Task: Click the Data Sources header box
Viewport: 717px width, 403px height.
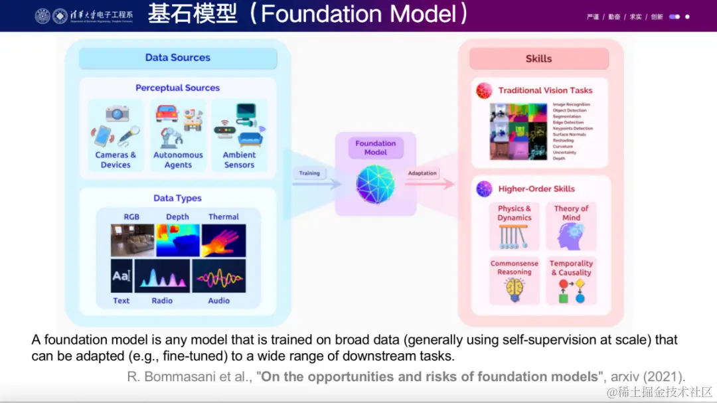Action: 177,58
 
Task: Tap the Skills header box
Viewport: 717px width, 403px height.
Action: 538,58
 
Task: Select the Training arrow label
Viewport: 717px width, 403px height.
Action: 309,173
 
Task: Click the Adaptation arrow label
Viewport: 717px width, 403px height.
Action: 423,173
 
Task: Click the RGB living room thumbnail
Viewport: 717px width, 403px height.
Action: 132,240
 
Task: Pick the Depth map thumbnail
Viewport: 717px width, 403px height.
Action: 177,240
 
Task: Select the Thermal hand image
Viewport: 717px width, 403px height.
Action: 224,240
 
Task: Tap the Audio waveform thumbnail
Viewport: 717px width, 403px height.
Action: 218,276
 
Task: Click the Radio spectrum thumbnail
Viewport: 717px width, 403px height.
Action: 162,276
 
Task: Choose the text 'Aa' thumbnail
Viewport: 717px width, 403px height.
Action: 121,276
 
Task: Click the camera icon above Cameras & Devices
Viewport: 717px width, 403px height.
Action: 117,114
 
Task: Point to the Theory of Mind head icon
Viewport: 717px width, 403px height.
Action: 571,236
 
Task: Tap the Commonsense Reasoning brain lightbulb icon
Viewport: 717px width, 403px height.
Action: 515,289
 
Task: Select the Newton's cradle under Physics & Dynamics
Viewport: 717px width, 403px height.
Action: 515,236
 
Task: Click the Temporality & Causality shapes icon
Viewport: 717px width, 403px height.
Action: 571,291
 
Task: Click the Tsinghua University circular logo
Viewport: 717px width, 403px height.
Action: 42,16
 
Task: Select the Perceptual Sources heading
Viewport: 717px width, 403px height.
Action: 177,88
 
